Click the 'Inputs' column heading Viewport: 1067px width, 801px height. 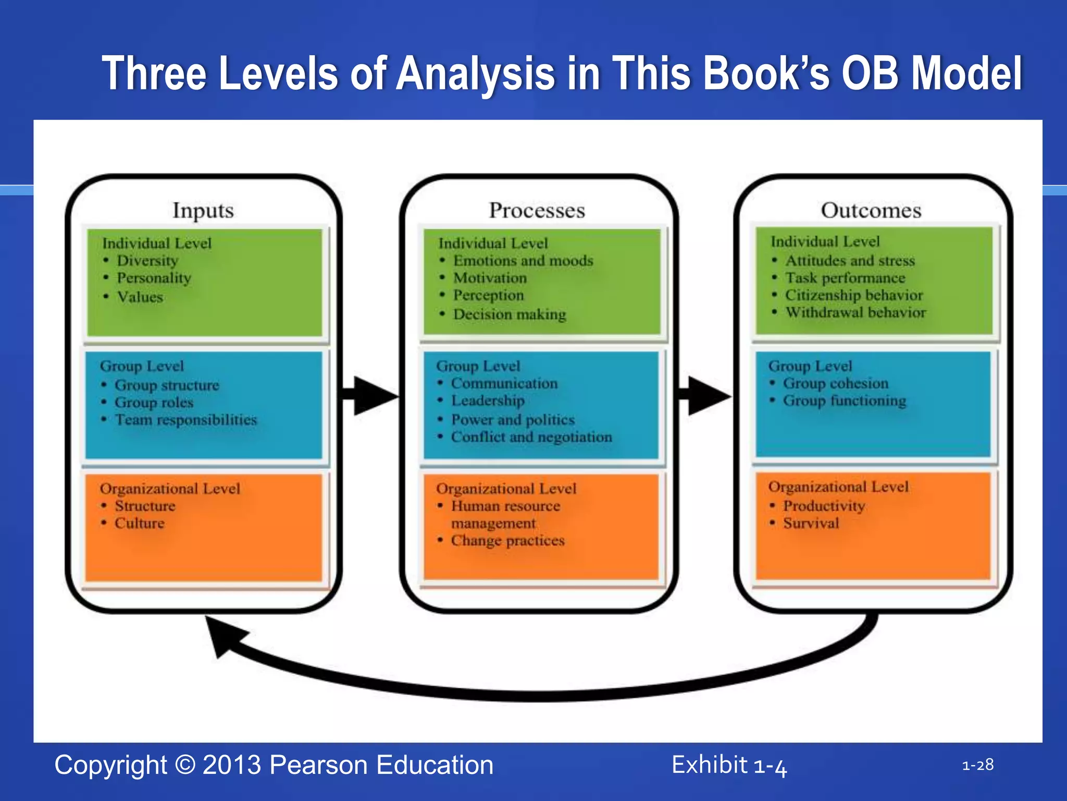click(203, 210)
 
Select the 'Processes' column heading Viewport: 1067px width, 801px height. click(537, 210)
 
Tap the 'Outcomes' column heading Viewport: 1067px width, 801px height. click(871, 210)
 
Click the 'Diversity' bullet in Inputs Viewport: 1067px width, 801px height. click(147, 260)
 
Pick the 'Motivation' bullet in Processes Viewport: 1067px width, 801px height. click(490, 278)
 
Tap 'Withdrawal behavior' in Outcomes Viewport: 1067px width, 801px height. click(855, 312)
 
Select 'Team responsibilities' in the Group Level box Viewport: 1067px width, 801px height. click(186, 420)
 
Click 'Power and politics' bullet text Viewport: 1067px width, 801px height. click(513, 420)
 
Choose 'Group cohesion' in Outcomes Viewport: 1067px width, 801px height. click(835, 383)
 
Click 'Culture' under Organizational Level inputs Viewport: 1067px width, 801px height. click(140, 523)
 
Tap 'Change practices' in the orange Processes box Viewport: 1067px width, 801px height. click(507, 541)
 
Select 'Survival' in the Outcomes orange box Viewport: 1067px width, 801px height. click(811, 523)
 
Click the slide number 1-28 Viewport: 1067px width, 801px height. click(977, 765)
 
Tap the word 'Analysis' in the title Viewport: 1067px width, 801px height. click(476, 74)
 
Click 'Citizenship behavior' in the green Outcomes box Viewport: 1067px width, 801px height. click(853, 295)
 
